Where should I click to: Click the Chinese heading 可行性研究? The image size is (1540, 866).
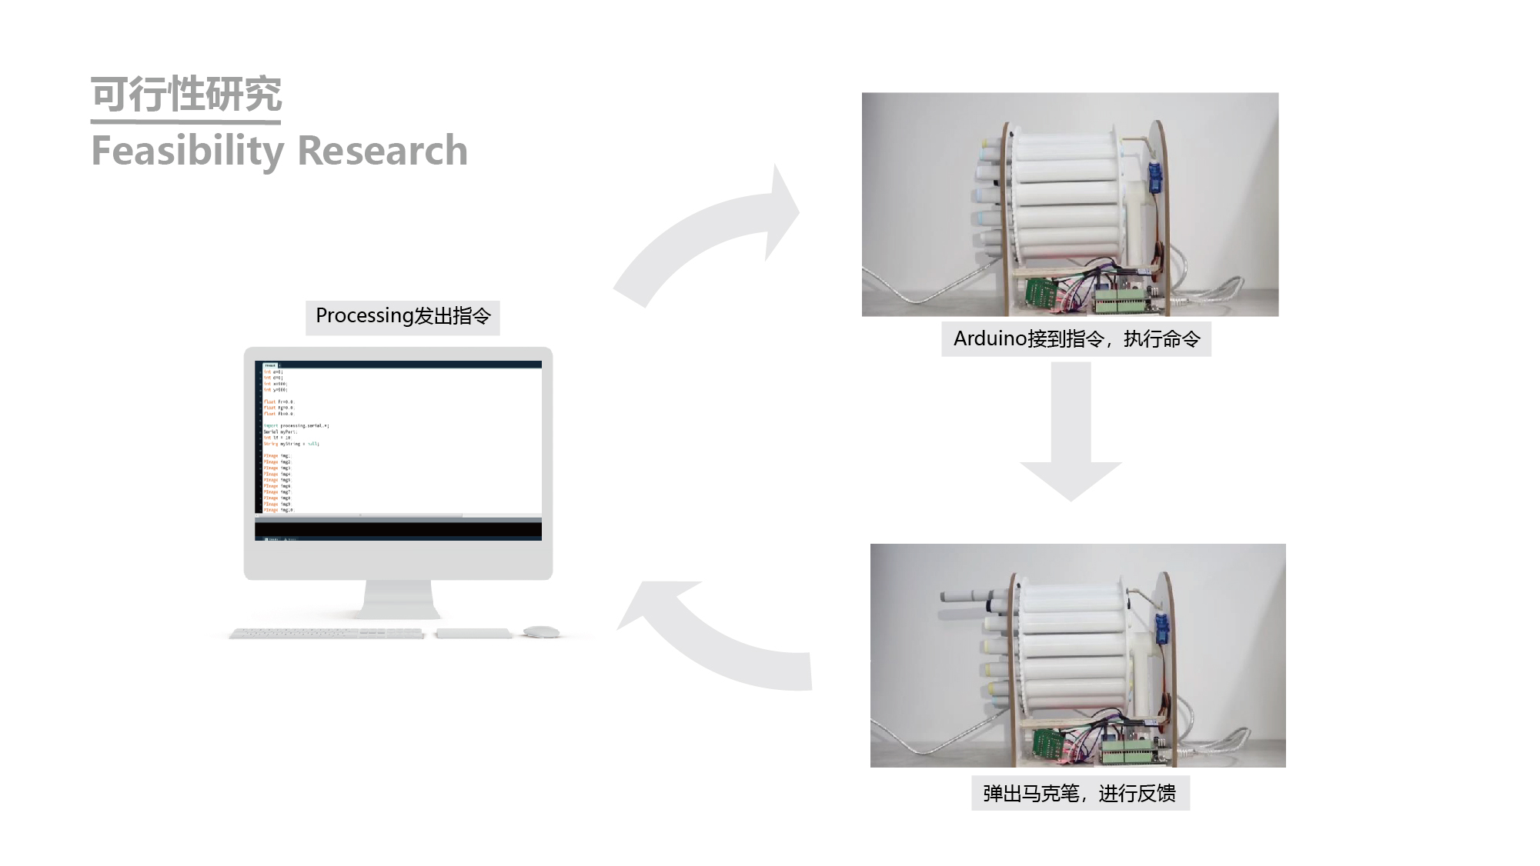tap(186, 94)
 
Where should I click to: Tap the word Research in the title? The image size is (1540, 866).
tap(382, 151)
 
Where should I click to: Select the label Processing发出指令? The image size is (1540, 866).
tap(403, 317)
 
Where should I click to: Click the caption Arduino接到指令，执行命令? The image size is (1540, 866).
tap(1076, 339)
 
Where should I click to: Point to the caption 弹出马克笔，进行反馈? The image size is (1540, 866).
tap(1080, 794)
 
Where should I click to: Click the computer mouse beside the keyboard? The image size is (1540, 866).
tap(542, 632)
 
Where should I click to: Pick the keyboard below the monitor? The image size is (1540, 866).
tap(326, 634)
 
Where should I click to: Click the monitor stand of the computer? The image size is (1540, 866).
tap(398, 600)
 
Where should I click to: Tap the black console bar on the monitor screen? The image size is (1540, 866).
tap(398, 530)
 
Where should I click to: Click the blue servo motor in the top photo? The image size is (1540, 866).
tap(1155, 178)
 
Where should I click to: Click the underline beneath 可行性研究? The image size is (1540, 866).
tap(185, 122)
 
